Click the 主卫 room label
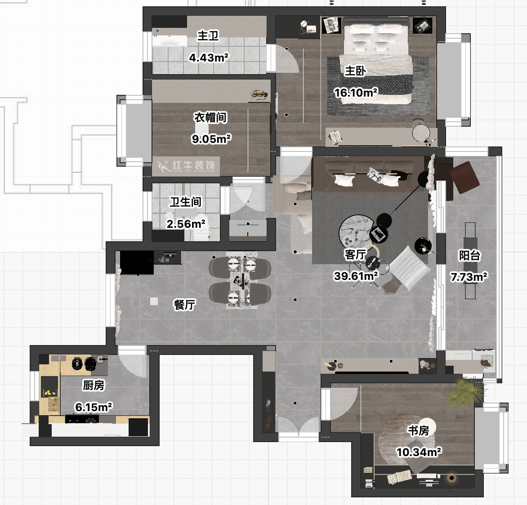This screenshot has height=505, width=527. [208, 35]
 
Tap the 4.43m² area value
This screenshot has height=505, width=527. [209, 58]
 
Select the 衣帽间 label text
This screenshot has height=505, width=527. [210, 117]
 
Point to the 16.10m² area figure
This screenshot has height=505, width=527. [356, 93]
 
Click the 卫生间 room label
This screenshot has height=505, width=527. [186, 202]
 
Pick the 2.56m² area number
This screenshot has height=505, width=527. [186, 224]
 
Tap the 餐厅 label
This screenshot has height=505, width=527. [184, 305]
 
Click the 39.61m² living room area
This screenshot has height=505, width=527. [356, 276]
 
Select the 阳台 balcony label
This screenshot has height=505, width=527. [469, 255]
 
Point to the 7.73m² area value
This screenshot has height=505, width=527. [469, 277]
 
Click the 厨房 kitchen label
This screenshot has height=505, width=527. [94, 385]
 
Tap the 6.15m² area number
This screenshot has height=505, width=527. [94, 407]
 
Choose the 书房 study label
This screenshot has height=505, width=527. [419, 430]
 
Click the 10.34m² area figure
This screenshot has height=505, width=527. [419, 452]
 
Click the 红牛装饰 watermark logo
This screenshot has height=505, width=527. [186, 166]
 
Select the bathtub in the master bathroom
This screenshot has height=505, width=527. [170, 40]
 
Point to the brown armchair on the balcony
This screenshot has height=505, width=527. [464, 177]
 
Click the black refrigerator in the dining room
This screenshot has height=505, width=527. [137, 262]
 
